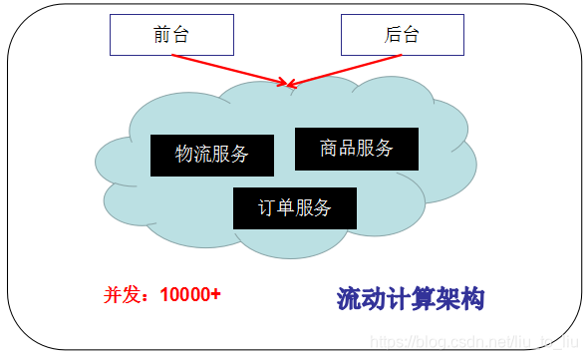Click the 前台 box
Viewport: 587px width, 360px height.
click(x=171, y=35)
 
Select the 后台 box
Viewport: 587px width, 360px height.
click(x=402, y=35)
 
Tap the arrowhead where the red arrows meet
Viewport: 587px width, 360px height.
click(x=289, y=84)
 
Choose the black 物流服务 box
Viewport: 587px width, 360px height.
click(x=211, y=154)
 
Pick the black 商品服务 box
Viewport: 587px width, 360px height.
click(x=357, y=149)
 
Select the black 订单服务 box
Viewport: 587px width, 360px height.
click(x=294, y=207)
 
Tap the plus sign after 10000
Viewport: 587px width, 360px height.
click(x=214, y=295)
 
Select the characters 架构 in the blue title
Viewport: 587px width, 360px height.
click(x=460, y=297)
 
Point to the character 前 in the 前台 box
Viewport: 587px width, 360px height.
click(x=162, y=35)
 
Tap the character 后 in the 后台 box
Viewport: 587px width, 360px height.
click(x=393, y=35)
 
